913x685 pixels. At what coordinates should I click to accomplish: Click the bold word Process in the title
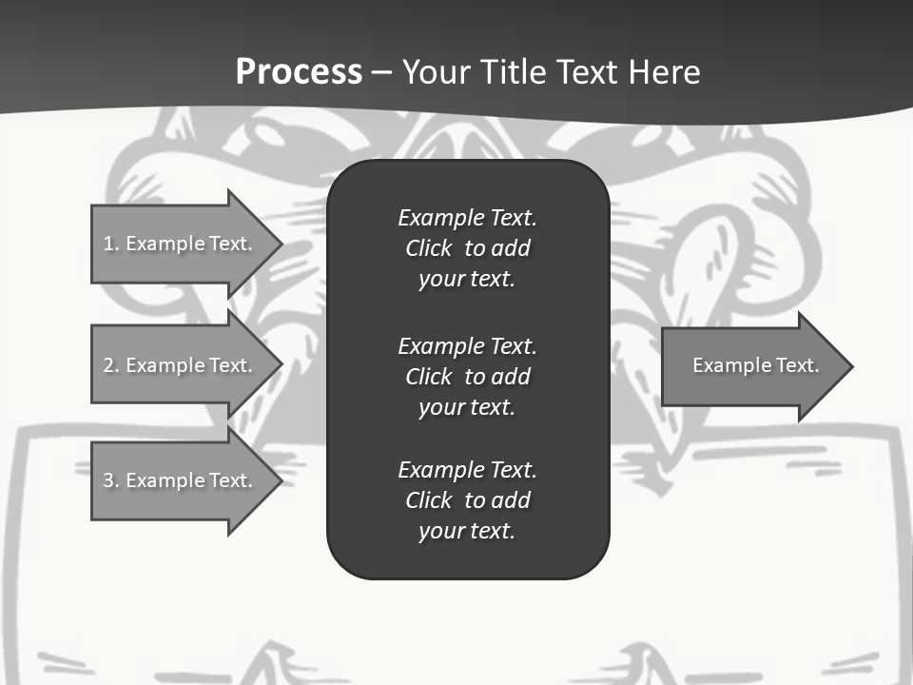click(299, 72)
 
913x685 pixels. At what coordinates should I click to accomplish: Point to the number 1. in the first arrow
click(111, 244)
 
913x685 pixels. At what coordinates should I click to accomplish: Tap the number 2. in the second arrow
click(111, 365)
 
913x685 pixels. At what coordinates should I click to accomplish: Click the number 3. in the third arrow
click(111, 480)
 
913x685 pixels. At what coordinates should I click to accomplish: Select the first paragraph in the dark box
click(467, 248)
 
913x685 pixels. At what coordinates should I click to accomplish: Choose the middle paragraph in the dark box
click(467, 376)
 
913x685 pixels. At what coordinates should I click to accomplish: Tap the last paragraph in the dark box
click(467, 500)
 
